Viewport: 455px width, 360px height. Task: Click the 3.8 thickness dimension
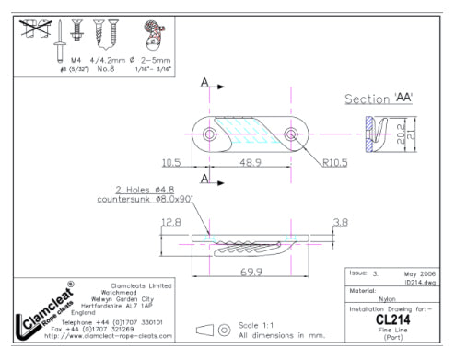tap(340, 222)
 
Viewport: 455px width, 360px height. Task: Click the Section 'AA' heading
tap(378, 99)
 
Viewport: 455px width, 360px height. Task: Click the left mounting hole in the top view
tap(210, 135)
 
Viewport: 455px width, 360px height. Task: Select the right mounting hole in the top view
tap(292, 135)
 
